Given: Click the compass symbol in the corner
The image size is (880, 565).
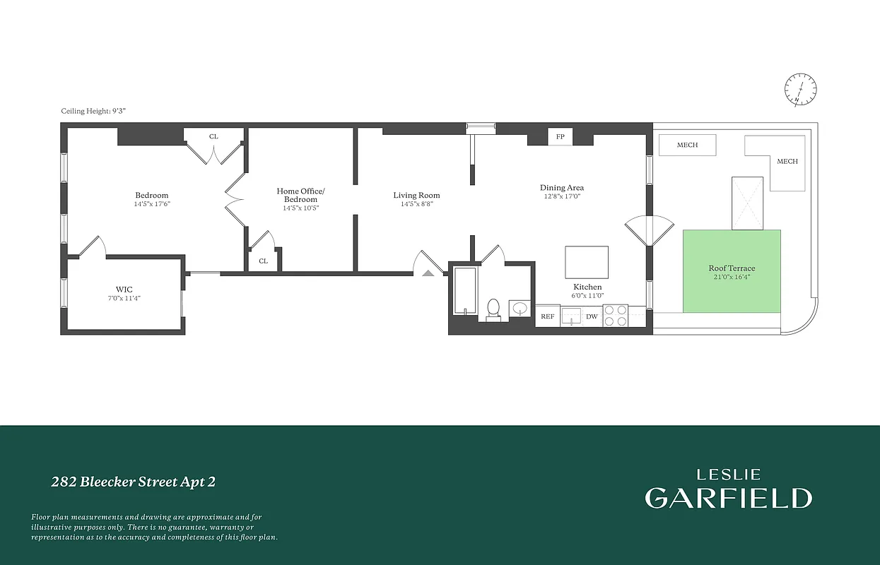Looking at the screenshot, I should click(801, 90).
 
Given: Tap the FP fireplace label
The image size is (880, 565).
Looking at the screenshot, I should click(560, 136).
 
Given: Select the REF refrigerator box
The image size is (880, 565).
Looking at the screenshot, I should click(547, 316).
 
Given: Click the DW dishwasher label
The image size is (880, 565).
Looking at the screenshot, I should click(592, 316).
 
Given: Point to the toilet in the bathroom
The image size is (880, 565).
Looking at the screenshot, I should click(493, 309).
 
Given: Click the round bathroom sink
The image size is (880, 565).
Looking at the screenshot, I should click(521, 308).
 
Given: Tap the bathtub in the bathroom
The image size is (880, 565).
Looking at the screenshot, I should click(465, 290).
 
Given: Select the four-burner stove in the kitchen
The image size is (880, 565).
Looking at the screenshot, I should click(615, 315).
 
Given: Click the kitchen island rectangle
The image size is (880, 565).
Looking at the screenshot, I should click(586, 262).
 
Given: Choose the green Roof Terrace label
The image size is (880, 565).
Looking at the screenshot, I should click(732, 268).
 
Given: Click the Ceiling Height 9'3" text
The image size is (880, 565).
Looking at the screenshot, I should click(93, 111).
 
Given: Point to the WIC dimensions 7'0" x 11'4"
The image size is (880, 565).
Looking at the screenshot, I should click(124, 299).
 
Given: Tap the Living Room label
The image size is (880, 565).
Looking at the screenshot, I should click(416, 195).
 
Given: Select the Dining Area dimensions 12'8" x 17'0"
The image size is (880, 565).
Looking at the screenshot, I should click(561, 197).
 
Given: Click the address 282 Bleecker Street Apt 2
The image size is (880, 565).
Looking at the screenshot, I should click(133, 482).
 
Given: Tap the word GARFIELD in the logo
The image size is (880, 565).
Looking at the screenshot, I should click(728, 498).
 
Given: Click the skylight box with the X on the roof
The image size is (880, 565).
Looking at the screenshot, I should click(747, 203).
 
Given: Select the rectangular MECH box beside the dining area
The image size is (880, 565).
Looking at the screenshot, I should click(687, 145).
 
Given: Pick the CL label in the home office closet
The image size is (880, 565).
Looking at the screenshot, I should click(263, 261).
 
